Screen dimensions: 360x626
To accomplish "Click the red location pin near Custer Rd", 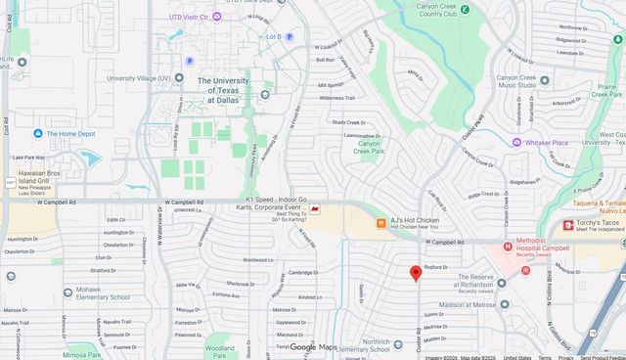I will pos(416,272).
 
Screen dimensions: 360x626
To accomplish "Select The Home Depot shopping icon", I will pos(38,133).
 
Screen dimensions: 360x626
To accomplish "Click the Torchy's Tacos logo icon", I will pos(568,226).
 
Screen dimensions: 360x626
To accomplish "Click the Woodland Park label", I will pos(220,351).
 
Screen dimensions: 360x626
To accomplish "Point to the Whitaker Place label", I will pos(546,143).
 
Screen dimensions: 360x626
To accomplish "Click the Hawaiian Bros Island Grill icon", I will pos(10,183).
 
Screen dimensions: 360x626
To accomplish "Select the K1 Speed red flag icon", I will pos(315,209).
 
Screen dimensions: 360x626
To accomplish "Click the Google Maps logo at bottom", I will pos(313,347).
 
